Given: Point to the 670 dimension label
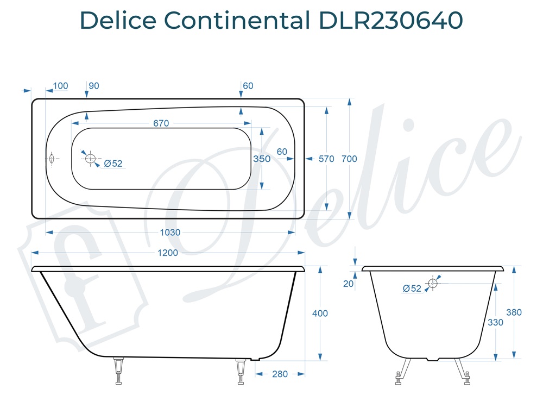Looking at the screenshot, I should [x=161, y=123].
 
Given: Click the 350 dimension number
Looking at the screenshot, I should [x=262, y=159].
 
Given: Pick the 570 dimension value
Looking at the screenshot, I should [x=326, y=159].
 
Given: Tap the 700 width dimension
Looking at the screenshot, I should [x=350, y=159].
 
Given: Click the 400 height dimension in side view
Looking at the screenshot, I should [x=320, y=314].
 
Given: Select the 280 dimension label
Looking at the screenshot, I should [x=280, y=374].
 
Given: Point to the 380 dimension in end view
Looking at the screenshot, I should [x=514, y=312].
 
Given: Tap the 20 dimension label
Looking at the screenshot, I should [x=349, y=283].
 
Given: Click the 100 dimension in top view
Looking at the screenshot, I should [x=61, y=86].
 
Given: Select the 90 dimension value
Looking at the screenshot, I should [x=93, y=86].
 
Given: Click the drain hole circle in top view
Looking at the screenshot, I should [x=90, y=159].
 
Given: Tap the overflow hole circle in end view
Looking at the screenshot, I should [x=433, y=283].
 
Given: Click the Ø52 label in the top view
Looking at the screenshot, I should [x=113, y=163].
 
